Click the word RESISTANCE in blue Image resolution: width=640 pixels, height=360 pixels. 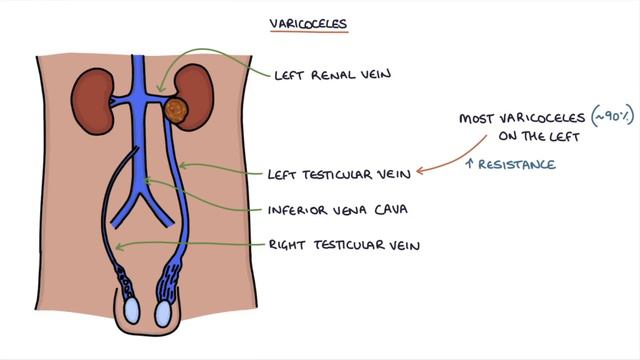tap(519, 164)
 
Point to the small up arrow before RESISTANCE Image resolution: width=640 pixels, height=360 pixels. tap(469, 164)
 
